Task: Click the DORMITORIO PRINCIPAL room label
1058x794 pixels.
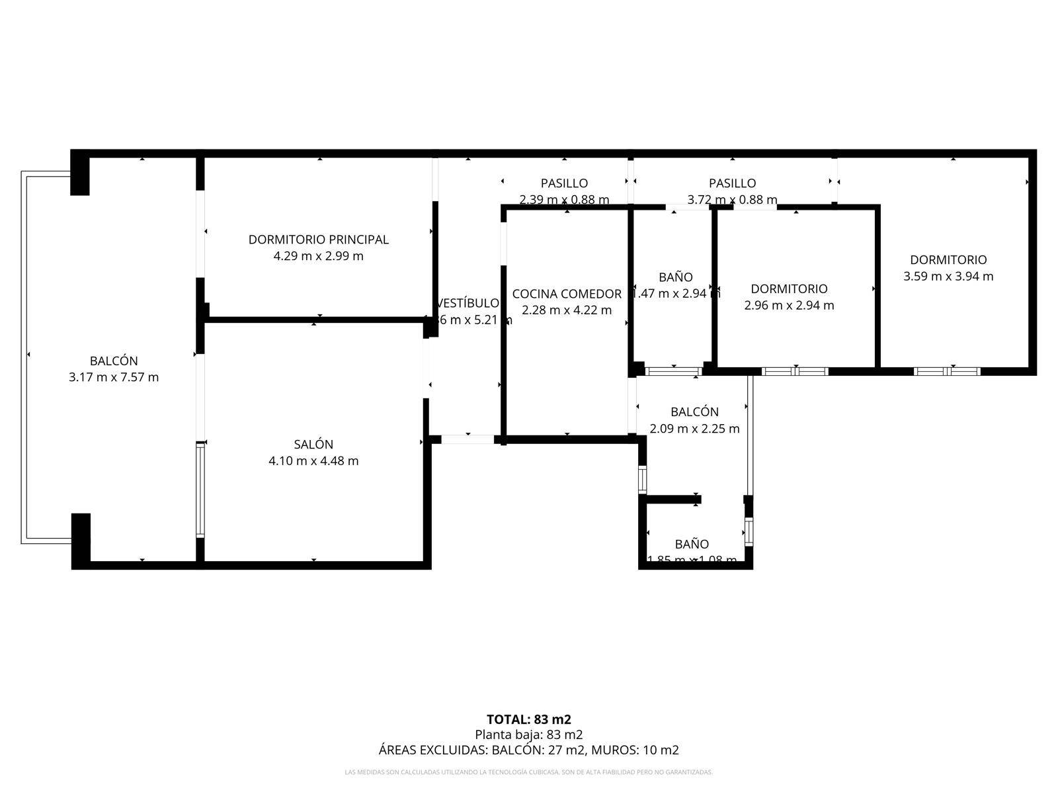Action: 318,240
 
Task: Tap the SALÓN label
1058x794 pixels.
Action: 313,445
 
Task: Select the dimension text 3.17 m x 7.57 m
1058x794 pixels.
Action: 114,378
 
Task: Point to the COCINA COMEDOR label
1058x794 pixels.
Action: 567,294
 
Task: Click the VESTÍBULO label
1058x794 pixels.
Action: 468,303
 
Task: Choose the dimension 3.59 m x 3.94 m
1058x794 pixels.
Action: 948,277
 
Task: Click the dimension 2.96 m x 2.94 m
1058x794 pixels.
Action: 789,306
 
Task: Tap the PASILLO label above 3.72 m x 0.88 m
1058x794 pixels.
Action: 732,183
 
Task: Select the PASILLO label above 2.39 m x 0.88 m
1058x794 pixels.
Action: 564,183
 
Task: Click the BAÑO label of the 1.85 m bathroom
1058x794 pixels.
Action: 692,544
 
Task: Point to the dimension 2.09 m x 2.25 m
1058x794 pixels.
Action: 694,429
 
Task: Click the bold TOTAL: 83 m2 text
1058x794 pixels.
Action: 529,719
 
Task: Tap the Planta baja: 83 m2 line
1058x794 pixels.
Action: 529,734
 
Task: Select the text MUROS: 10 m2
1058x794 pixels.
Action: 635,750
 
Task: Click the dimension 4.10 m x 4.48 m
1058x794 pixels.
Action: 313,461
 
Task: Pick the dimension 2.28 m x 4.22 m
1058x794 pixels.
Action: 567,310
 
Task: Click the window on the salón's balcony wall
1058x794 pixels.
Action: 200,490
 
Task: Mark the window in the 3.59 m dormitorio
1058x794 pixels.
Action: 947,371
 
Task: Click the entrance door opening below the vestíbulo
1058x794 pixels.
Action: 468,439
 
